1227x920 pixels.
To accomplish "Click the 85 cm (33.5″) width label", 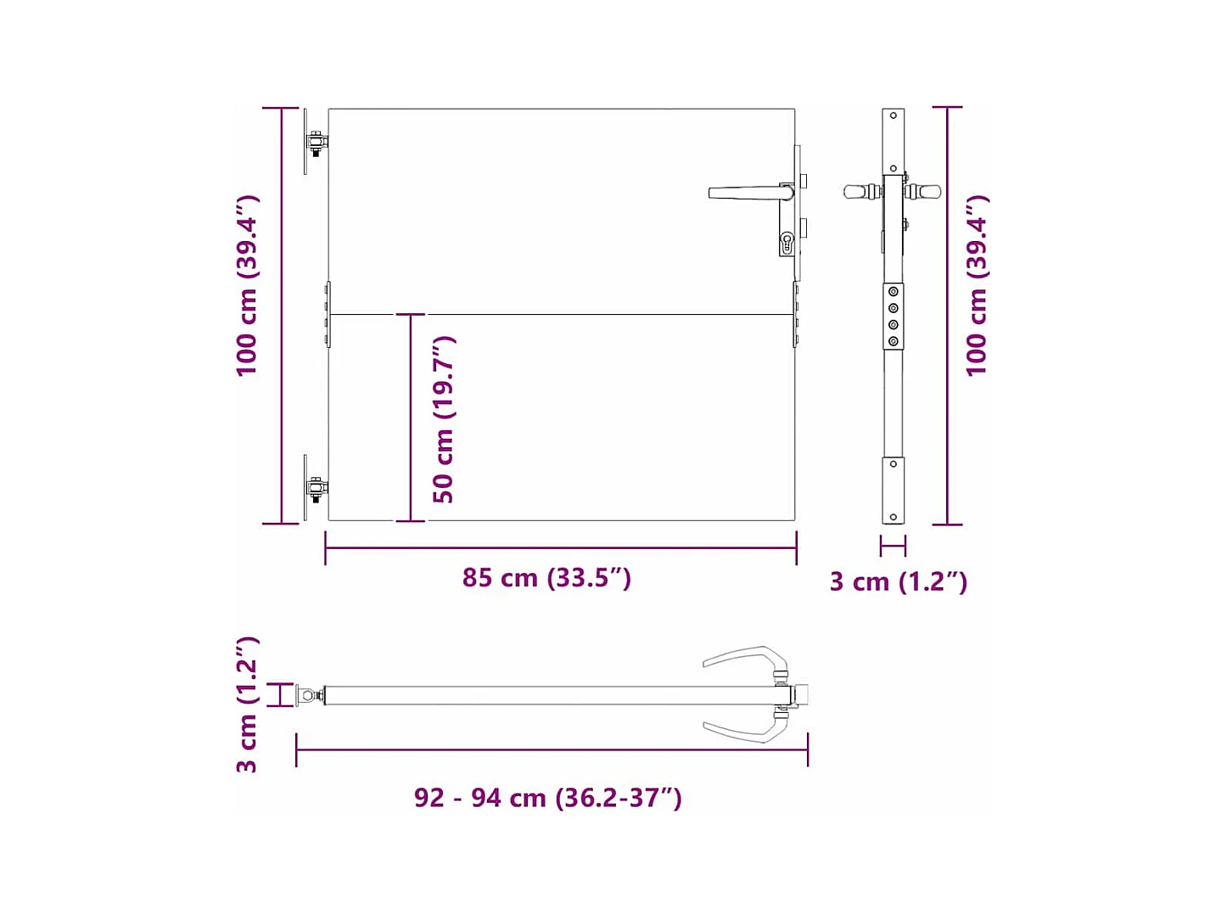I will tap(546, 578).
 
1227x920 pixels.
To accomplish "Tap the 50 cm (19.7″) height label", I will tap(444, 419).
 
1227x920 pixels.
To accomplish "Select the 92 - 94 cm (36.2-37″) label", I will tap(547, 798).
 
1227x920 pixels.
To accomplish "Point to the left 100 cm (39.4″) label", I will tap(247, 285).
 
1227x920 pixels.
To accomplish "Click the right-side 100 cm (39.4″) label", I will tap(977, 285).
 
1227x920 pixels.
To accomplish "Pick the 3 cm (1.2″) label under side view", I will tap(898, 581).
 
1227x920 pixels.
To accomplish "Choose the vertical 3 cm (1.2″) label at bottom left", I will tap(247, 704).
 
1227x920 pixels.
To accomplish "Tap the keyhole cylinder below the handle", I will tap(787, 244).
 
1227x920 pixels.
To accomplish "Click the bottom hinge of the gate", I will tap(315, 489).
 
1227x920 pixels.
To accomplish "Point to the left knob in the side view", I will tap(859, 192).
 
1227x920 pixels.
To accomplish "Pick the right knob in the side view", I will tap(925, 192).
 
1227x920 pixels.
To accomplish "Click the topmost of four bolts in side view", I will tap(893, 292).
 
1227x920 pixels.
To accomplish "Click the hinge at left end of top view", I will tap(310, 695).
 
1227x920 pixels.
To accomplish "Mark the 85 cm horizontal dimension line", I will tap(560, 548).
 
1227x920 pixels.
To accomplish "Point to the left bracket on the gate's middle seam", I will tap(328, 315).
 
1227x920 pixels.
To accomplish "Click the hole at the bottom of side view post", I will tap(893, 516).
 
